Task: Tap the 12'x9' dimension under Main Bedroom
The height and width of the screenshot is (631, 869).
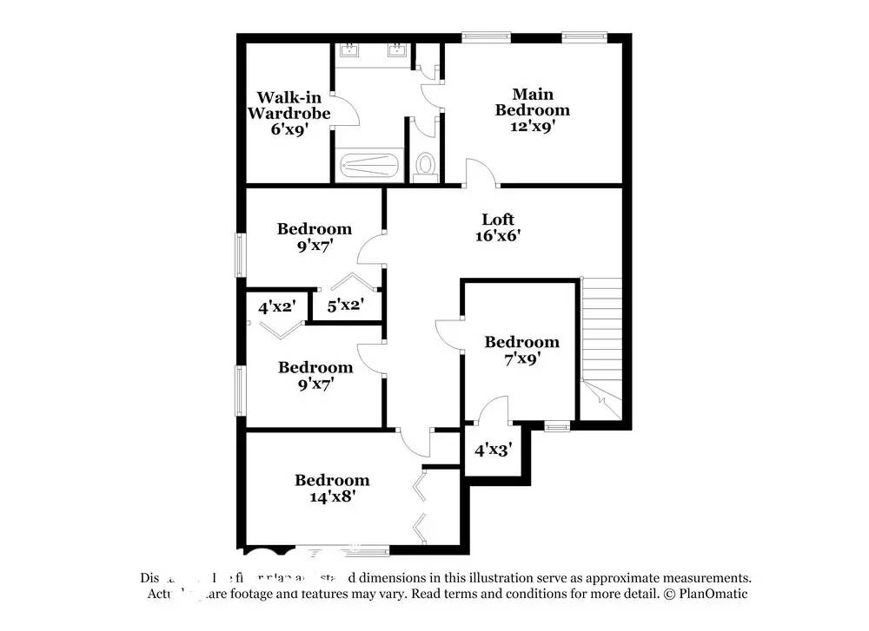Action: click(x=533, y=126)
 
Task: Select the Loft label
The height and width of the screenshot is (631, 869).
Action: click(x=498, y=219)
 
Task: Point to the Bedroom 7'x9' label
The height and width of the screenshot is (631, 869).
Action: click(x=521, y=350)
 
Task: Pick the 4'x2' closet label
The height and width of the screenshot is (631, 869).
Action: click(x=276, y=306)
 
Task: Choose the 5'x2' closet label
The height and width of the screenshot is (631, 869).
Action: click(x=344, y=305)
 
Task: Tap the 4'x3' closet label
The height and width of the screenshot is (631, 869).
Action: click(x=493, y=450)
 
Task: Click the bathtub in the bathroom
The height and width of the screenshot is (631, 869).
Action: click(x=368, y=165)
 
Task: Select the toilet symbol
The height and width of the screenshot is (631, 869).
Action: click(x=426, y=164)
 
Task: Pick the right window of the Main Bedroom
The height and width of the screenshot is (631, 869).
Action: click(x=582, y=36)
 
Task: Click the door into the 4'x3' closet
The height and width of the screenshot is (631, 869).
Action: click(x=493, y=411)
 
